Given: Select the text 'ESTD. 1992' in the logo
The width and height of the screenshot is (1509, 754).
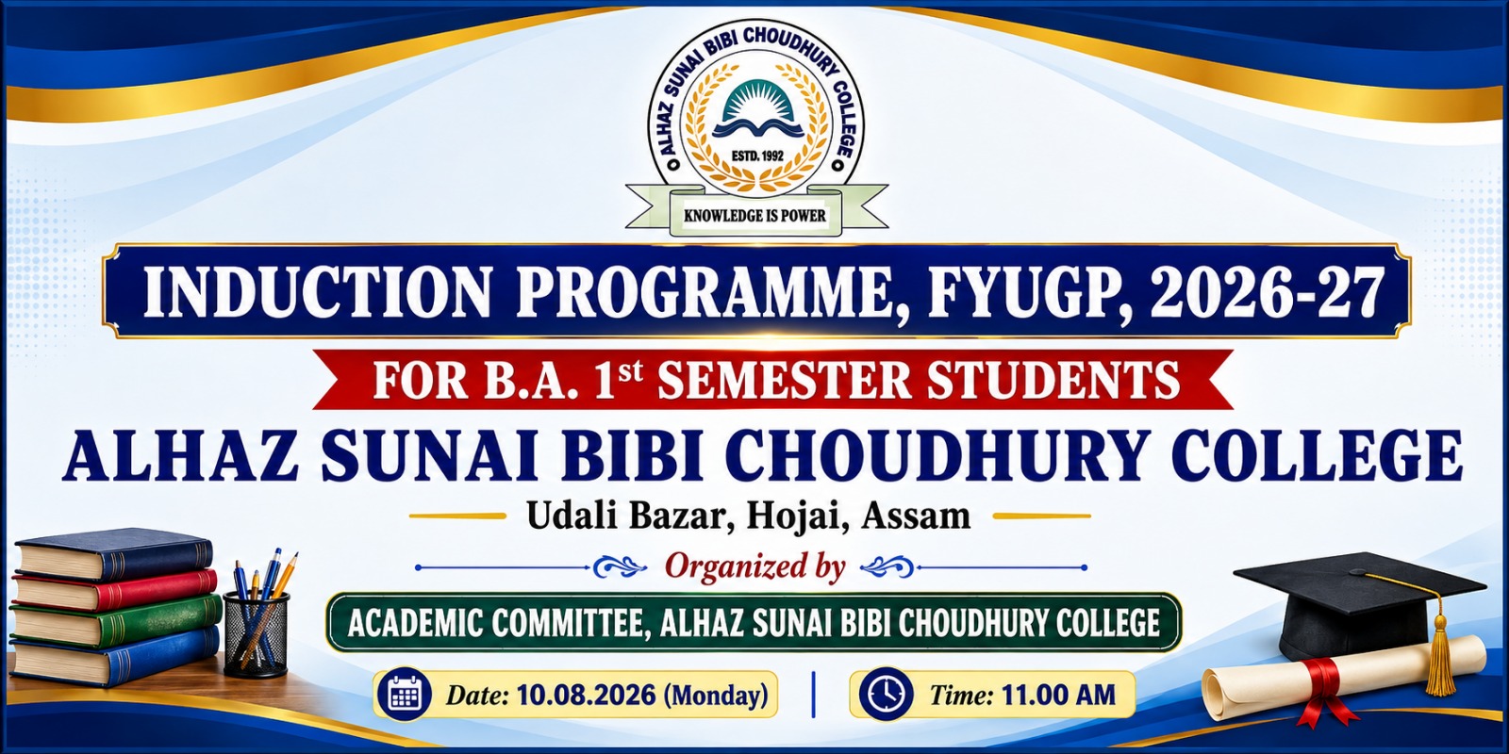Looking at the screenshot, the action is coord(758,156).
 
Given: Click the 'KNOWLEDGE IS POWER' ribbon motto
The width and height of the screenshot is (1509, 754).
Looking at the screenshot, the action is coord(754,216).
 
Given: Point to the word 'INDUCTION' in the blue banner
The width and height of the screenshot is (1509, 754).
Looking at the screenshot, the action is coord(317,294).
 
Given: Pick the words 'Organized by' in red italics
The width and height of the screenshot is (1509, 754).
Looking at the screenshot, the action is coord(755,566).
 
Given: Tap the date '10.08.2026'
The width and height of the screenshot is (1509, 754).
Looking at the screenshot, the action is coord(586,695).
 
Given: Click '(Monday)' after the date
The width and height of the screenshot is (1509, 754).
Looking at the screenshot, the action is coord(716,695).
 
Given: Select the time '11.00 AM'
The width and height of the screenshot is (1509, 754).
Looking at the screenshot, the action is coord(1058,695).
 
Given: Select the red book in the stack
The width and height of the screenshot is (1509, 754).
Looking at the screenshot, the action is coord(115,590).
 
